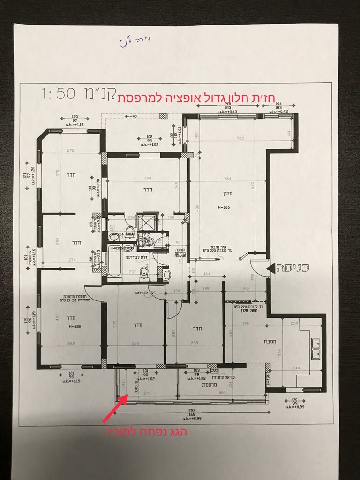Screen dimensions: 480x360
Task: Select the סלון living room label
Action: pyautogui.click(x=228, y=193)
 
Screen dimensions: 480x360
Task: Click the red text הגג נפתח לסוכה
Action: pyautogui.click(x=146, y=431)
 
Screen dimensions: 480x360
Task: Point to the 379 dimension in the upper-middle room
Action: pyautogui.click(x=148, y=178)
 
